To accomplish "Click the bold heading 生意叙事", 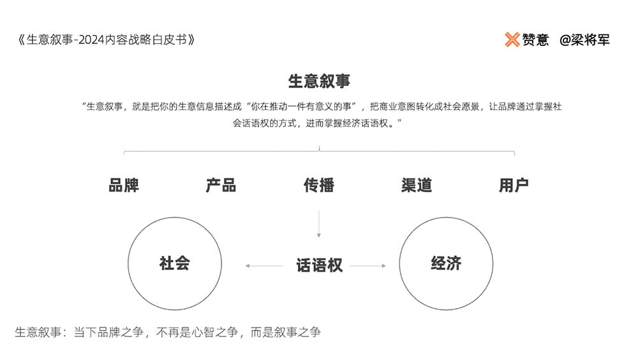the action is [319, 81].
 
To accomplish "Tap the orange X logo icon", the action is [512, 40].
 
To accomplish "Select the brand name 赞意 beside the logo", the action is [535, 40].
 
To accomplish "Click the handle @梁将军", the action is [584, 40].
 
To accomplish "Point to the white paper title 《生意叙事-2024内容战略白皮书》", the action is [105, 40].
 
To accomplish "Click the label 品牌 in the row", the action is [124, 185].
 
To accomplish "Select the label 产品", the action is [221, 185].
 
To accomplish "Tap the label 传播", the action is [319, 185].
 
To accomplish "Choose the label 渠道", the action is [416, 185].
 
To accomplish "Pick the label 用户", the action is [514, 185].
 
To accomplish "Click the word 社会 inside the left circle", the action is [175, 263].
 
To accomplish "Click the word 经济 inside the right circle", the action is [446, 263].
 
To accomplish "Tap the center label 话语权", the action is [320, 266].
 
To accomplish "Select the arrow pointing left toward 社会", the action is [265, 266].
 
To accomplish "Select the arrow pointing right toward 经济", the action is [368, 266].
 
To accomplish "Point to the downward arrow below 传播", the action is [319, 224].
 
